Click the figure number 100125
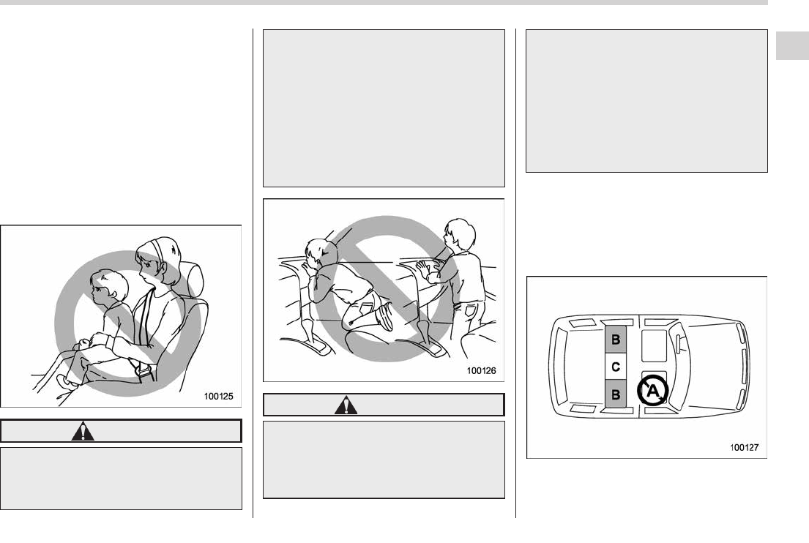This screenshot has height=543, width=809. tap(218, 396)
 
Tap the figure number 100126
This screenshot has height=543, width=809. tap(482, 370)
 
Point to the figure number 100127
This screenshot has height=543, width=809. tap(744, 447)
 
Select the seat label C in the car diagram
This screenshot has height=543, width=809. tap(616, 367)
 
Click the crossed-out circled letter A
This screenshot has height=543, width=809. tap(652, 392)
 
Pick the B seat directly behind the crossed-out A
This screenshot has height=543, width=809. tap(616, 394)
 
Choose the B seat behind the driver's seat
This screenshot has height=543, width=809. tap(616, 340)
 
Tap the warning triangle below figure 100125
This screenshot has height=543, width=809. tap(83, 431)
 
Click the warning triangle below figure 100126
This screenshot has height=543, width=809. tap(346, 405)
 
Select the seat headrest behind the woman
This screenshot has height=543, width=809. tap(193, 280)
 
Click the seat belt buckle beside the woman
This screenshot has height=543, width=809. tap(142, 370)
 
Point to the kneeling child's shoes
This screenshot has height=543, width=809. tap(385, 315)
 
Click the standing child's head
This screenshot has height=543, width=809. tap(461, 234)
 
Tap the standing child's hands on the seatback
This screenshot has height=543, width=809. tap(429, 270)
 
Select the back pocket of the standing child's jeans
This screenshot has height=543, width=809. tap(471, 311)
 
